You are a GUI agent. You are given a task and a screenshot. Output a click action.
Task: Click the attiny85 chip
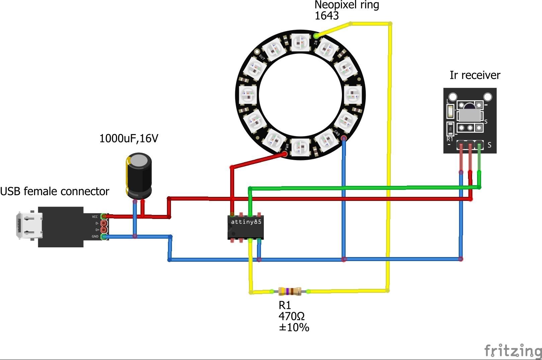coord(245,227)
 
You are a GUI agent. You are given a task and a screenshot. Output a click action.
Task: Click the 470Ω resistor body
coord(290,291)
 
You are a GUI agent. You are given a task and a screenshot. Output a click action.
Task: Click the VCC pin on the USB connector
coord(104,217)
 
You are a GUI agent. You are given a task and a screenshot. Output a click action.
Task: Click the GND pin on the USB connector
coord(104,237)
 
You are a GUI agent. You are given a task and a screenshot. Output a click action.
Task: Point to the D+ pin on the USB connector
coord(104,230)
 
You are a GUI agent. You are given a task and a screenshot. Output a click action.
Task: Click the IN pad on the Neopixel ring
coord(316,35)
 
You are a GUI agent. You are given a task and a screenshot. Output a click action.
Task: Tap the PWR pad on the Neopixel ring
coord(285,153)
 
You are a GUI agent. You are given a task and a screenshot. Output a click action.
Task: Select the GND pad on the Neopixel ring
coord(344,138)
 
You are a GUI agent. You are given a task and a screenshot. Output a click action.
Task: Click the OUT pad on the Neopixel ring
coord(257,52)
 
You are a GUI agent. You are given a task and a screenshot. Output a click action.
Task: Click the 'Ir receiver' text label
coord(475,75)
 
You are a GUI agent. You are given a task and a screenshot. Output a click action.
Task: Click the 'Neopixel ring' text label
coord(347,5)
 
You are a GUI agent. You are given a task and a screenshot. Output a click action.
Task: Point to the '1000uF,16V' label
coord(129,138)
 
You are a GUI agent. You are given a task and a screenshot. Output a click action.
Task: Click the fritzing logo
coord(513,351)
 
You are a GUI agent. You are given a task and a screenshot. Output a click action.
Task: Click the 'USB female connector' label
coord(55,191)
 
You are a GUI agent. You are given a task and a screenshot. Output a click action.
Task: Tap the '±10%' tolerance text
coord(294,327)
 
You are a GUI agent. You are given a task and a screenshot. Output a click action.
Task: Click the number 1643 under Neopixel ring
coord(327,16)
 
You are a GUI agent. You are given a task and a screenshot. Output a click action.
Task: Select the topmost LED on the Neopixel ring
coord(301,42)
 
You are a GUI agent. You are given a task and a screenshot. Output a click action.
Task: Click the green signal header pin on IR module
coord(479,145)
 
